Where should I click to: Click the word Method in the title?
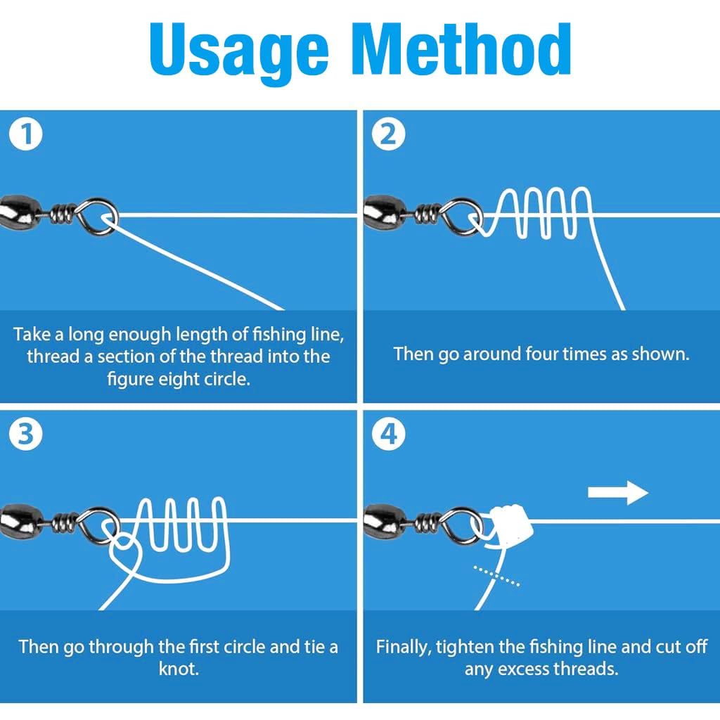tap(461, 49)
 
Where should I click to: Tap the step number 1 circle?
tap(26, 134)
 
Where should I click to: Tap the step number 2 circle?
tap(388, 134)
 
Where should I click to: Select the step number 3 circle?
tap(26, 434)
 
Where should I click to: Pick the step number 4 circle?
tap(388, 434)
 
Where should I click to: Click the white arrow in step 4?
tap(618, 493)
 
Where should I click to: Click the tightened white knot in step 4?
tap(510, 526)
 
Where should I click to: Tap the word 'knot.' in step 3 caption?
tap(179, 669)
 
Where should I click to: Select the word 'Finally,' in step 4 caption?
tap(404, 648)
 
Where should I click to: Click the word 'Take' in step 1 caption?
tap(32, 334)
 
